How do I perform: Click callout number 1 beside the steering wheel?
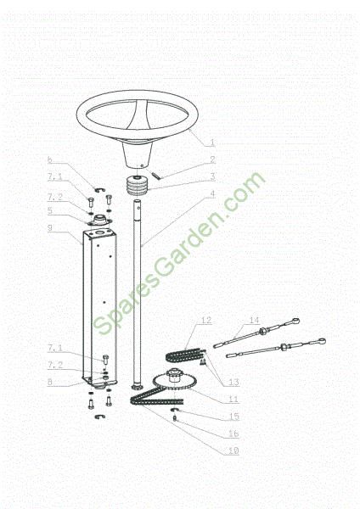tap(212, 143)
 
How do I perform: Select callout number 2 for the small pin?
tap(212, 159)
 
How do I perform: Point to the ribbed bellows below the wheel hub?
tap(138, 186)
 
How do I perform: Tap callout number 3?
tap(212, 176)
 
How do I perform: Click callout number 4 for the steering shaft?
tap(212, 193)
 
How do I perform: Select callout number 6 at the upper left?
tap(50, 159)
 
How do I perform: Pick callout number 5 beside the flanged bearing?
tap(50, 210)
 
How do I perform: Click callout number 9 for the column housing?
tap(50, 228)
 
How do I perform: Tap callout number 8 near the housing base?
tap(50, 382)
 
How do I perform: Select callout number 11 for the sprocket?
tap(233, 399)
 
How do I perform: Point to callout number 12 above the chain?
tap(206, 321)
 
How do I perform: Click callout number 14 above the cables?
tap(255, 321)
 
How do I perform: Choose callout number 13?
tap(233, 382)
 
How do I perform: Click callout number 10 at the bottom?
tap(233, 450)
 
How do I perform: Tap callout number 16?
tap(233, 433)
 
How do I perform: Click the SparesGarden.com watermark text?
tap(179, 254)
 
